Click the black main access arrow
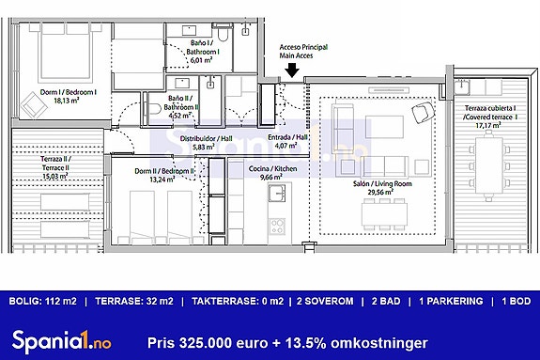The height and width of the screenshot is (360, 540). coord(292,69)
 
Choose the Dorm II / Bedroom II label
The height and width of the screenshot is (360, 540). coord(151,174)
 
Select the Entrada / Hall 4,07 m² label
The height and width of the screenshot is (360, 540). coord(285,142)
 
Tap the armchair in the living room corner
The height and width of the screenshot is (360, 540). coord(422,115)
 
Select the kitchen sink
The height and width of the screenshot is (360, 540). coord(277,194)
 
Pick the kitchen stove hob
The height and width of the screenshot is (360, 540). coord(277,227)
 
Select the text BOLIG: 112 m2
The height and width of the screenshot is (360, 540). coord(42,301)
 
